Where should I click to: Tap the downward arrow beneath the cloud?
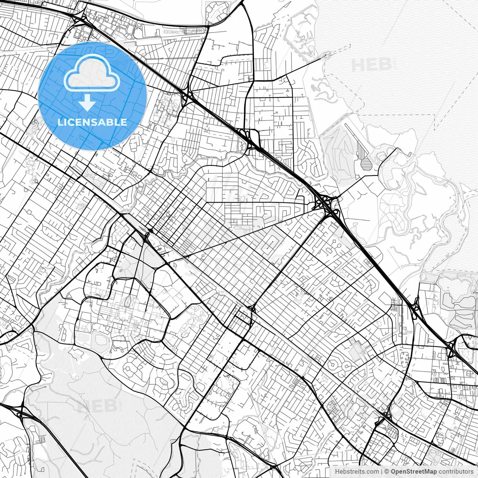point(87,103)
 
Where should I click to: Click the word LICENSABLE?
point(92,122)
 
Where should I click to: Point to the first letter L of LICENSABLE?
point(60,122)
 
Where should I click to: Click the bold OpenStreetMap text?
point(414,472)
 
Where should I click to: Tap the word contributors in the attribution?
point(456,472)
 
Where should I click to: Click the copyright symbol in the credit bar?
point(387,472)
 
